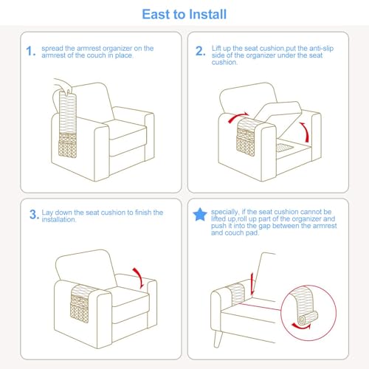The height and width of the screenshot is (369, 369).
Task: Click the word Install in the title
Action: pyautogui.click(x=207, y=14)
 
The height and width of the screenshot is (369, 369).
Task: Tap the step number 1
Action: pyautogui.click(x=30, y=51)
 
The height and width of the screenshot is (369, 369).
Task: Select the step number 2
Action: pyautogui.click(x=199, y=51)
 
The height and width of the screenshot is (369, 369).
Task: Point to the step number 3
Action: pyautogui.click(x=33, y=214)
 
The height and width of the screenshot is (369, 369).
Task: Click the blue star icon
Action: pyautogui.click(x=200, y=215)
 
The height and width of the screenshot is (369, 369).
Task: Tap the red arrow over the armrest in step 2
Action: pyautogui.click(x=238, y=117)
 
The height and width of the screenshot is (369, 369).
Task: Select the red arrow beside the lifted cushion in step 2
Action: pyautogui.click(x=305, y=131)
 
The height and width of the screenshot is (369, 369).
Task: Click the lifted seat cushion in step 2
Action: pyautogui.click(x=279, y=116)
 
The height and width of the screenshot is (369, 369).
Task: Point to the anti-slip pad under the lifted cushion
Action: pyautogui.click(x=285, y=148)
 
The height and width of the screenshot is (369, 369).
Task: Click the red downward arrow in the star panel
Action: pyautogui.click(x=252, y=283)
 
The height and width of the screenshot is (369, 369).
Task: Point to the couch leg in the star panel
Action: pyautogui.click(x=218, y=339)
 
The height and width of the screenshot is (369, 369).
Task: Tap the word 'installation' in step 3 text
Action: pyautogui.click(x=58, y=219)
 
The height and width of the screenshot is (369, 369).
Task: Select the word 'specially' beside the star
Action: pyautogui.click(x=224, y=212)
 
